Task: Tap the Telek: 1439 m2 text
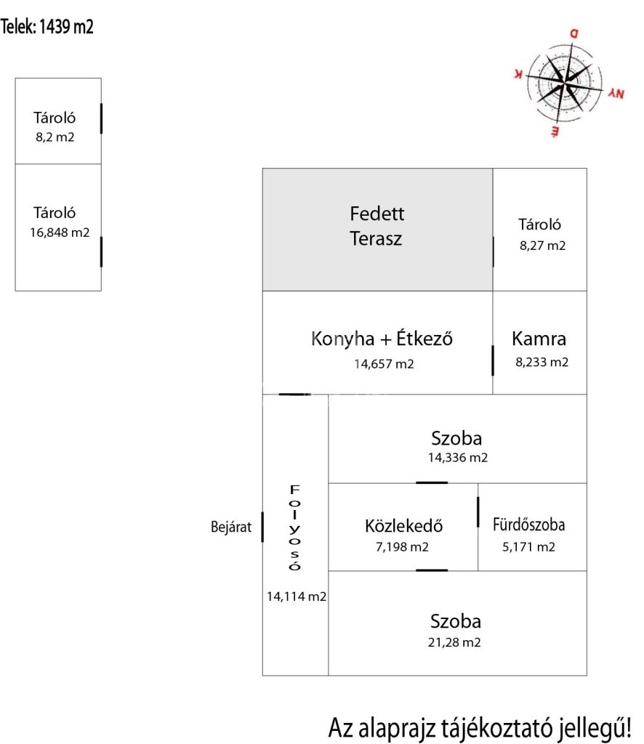pos(47,28)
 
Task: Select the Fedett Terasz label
pos(377,226)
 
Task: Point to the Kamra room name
pos(539,339)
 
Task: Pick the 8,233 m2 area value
pos(542,362)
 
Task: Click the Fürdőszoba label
pos(528,525)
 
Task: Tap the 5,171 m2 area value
pos(528,547)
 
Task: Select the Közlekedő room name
pos(404,526)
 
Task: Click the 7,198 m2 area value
pos(402,547)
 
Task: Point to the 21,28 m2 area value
pos(456,642)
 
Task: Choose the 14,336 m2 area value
pos(458,458)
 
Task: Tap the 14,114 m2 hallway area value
pos(296,597)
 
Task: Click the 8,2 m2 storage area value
pos(55,136)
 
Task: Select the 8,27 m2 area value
pos(542,246)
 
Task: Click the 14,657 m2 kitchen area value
pos(384,364)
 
